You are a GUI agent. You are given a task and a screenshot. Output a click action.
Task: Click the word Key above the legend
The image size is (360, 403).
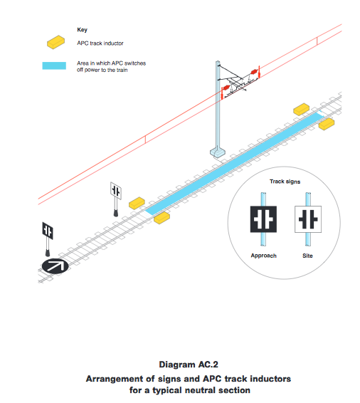tap(82, 30)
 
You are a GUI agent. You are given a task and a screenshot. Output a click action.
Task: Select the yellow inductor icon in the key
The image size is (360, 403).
tap(55, 42)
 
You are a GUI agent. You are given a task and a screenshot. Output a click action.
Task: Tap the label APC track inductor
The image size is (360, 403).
tap(100, 43)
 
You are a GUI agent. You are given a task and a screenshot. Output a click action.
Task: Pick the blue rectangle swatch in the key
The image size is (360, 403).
tap(54, 66)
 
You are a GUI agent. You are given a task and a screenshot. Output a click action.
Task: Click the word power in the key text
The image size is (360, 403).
tap(92, 70)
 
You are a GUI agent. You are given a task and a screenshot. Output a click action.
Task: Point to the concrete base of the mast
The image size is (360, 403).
tap(218, 152)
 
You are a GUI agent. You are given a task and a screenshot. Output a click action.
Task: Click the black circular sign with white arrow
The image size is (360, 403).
tap(55, 266)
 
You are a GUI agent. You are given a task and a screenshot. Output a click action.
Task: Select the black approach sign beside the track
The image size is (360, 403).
tap(48, 231)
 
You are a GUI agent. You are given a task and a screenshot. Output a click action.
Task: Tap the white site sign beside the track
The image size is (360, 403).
tap(116, 191)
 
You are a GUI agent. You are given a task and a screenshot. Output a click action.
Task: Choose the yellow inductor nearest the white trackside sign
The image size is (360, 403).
tap(137, 203)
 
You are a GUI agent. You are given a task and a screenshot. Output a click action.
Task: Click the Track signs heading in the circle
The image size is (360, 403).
tap(285, 182)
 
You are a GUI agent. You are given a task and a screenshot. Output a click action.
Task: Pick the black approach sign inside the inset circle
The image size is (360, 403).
tap(263, 219)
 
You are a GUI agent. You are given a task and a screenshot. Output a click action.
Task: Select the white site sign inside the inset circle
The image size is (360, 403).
tap(308, 219)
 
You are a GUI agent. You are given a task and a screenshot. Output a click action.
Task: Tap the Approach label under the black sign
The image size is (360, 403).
tap(264, 256)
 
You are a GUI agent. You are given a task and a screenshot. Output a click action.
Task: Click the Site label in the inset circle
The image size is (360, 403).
tap(307, 256)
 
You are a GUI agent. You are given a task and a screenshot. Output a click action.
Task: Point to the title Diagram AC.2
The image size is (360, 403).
tap(189, 365)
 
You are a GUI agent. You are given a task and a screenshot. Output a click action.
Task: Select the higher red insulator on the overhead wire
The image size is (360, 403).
tap(254, 72)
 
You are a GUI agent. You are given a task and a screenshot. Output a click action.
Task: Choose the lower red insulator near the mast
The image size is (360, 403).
tap(226, 88)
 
